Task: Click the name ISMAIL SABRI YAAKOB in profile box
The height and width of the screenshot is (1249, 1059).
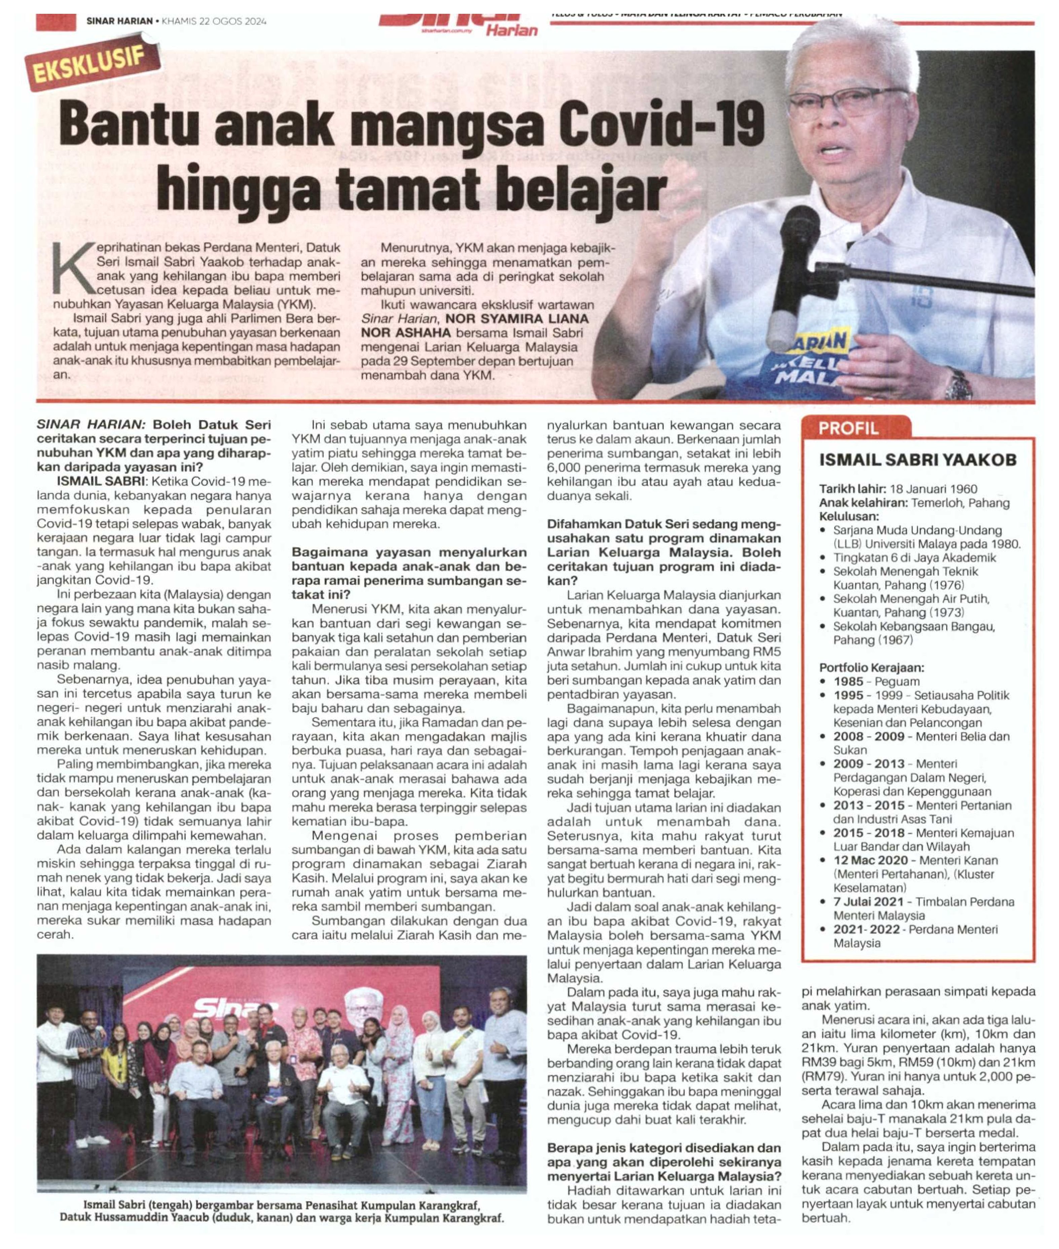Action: [x=918, y=460]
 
